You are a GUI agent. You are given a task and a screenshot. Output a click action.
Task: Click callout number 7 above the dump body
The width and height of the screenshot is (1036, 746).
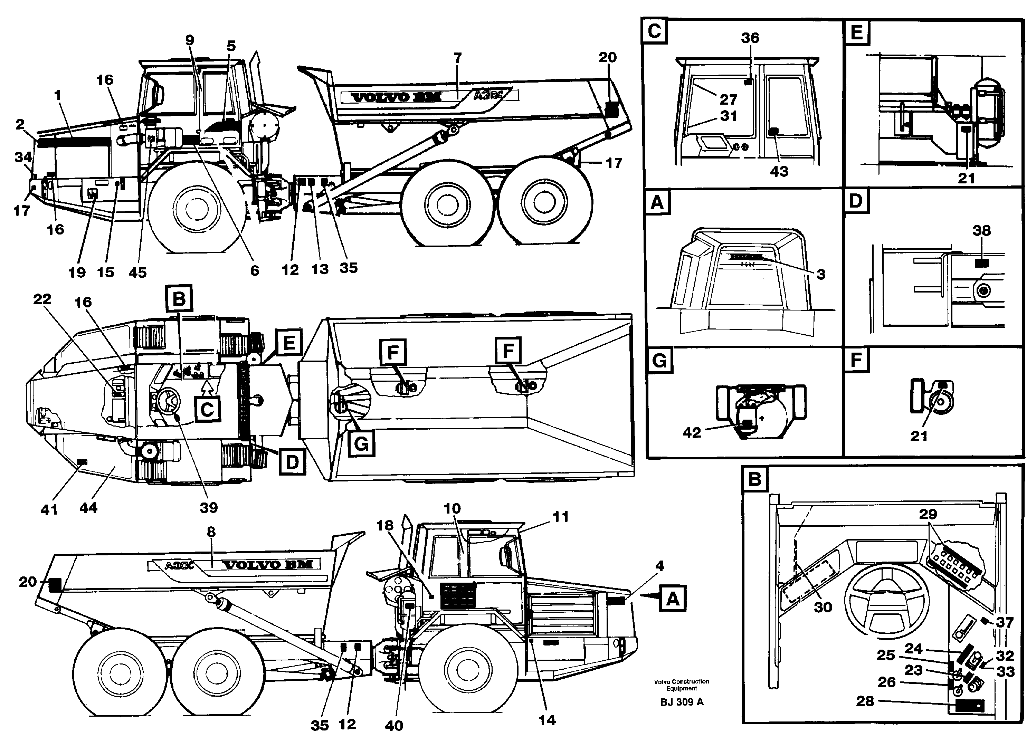pos(457,58)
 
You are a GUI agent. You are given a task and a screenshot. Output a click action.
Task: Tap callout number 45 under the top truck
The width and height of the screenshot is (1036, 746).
pos(137,272)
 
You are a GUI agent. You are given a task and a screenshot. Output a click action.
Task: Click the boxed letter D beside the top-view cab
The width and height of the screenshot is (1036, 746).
pos(292,462)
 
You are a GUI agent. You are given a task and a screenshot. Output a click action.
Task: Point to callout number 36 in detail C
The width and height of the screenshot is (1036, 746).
pos(750,38)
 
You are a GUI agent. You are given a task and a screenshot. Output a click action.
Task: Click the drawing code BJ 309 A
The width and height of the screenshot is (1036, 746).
pos(682,702)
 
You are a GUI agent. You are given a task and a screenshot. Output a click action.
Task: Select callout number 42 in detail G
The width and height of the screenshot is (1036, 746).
pos(692,432)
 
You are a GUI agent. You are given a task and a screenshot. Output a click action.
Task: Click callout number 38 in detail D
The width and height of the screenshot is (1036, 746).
pos(981,231)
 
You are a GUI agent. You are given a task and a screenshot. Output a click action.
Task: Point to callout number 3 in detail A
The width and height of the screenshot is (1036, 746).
pos(821,274)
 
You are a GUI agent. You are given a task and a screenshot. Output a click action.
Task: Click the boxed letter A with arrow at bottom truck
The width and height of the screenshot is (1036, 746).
pos(672,598)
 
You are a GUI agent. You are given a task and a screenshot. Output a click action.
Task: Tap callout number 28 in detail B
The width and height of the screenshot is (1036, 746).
pos(865,701)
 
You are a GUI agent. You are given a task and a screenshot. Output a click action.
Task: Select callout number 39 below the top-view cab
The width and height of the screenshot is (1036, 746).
pos(209,507)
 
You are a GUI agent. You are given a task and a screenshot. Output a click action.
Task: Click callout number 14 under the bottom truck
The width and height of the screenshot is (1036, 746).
pos(547,720)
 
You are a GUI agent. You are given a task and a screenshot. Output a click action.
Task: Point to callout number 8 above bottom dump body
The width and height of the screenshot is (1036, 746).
pos(211,532)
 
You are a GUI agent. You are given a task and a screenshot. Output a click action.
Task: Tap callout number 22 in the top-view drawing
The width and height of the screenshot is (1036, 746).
pos(42,299)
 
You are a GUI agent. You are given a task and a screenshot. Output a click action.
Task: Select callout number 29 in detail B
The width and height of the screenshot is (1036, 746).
pos(928,514)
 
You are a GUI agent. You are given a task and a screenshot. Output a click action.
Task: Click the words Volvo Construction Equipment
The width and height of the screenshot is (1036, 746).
pos(681,685)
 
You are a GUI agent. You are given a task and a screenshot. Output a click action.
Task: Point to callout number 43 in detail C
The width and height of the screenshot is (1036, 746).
pos(779,171)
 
